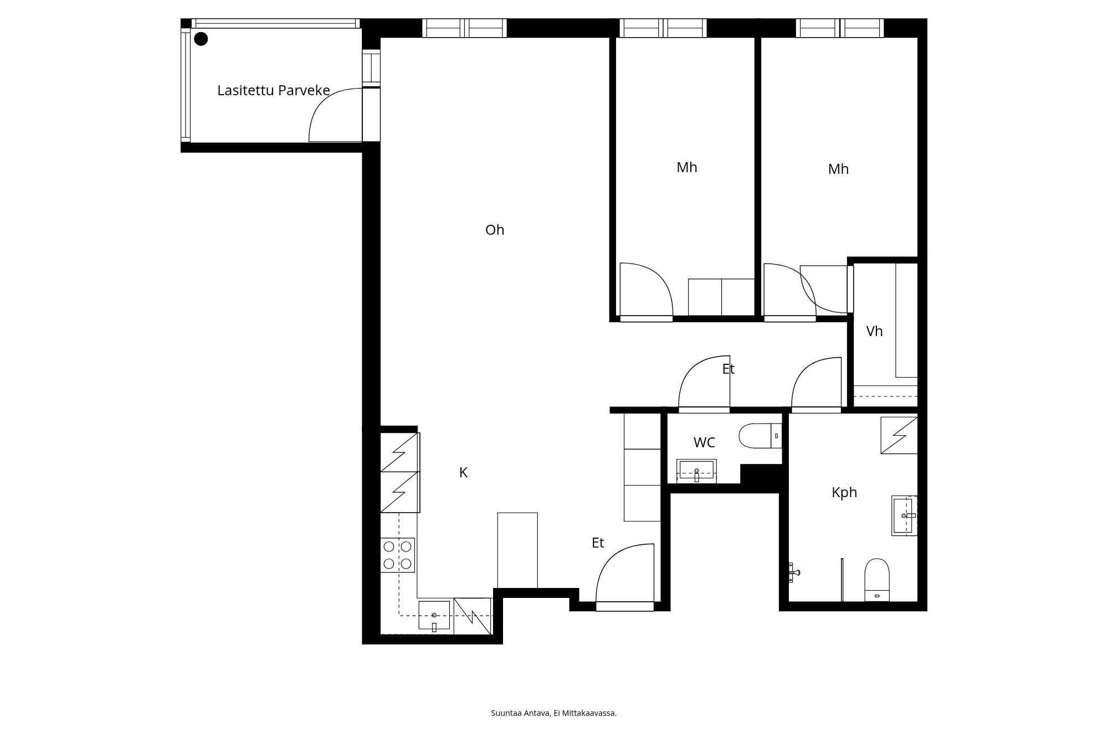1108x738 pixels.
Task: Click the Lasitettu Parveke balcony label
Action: click(x=274, y=90)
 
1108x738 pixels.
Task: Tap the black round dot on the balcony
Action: click(x=201, y=39)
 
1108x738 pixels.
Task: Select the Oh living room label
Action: click(x=495, y=230)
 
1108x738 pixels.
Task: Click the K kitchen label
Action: click(x=464, y=472)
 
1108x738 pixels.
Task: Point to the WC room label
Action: click(x=704, y=442)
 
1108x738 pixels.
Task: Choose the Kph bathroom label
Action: click(x=844, y=492)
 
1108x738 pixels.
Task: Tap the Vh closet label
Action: click(x=874, y=331)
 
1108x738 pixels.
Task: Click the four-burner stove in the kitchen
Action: click(x=398, y=555)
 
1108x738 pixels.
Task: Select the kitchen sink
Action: click(x=434, y=616)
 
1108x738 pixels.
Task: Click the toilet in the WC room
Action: click(x=761, y=436)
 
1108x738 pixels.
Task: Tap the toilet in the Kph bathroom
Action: click(x=877, y=580)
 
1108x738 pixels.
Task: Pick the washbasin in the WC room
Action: click(x=696, y=471)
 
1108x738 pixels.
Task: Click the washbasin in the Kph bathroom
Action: click(x=904, y=515)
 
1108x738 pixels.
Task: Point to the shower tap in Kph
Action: click(x=794, y=572)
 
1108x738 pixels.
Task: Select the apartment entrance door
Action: click(x=625, y=607)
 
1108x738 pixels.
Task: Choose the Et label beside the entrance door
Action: click(x=598, y=543)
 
